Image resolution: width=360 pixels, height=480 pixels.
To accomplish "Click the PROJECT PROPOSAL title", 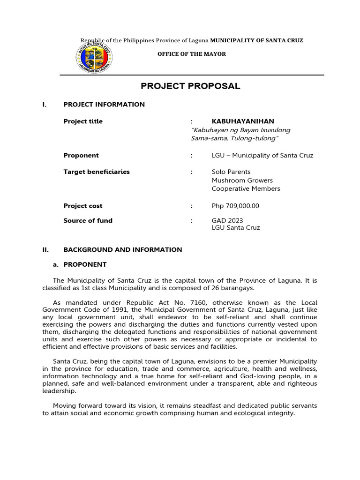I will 191,86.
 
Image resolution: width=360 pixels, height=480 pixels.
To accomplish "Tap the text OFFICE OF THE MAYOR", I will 191,54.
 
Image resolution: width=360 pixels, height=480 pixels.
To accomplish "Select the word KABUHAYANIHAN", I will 243,121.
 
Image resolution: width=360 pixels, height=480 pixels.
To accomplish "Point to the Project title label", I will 83,121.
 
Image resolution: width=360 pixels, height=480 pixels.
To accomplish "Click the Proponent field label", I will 81,155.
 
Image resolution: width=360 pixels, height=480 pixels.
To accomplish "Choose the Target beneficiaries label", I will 97,172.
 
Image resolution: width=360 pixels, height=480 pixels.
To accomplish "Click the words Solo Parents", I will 231,172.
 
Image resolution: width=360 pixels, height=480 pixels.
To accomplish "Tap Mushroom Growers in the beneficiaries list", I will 242,180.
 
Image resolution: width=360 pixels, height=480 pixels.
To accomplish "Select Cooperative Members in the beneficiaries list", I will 246,189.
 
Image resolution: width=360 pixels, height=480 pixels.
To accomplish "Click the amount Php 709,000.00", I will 235,206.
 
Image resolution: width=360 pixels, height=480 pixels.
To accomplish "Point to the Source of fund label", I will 88,221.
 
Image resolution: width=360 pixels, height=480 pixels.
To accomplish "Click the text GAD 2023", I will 227,221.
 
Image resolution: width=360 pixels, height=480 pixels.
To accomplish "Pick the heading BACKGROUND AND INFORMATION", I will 123,250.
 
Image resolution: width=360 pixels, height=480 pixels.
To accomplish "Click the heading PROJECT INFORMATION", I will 104,105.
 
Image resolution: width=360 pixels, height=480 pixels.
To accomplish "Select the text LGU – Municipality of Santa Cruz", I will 262,155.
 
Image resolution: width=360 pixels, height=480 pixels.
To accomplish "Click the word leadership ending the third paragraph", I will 59,390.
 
